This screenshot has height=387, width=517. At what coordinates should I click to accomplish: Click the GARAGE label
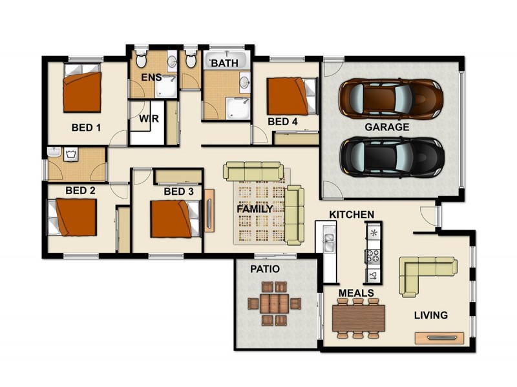pos(387,127)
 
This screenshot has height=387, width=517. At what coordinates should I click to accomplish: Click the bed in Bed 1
pos(82,92)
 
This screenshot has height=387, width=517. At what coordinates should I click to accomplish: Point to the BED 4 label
pos(282,121)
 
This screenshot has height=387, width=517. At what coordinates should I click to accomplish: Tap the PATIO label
pos(265,268)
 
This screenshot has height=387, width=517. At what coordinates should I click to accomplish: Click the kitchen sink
pos(328,242)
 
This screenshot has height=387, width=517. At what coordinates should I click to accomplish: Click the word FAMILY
pos(254,209)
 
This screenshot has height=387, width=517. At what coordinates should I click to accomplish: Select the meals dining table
pos(359,317)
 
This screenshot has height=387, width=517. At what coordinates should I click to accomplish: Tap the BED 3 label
pos(178,191)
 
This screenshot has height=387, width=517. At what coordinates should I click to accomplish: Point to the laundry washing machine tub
pos(71,154)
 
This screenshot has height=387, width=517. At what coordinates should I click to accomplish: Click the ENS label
pos(151,78)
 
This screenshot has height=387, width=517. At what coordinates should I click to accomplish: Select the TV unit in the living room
pos(439,337)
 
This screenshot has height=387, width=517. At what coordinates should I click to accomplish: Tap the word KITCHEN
pos(352,213)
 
